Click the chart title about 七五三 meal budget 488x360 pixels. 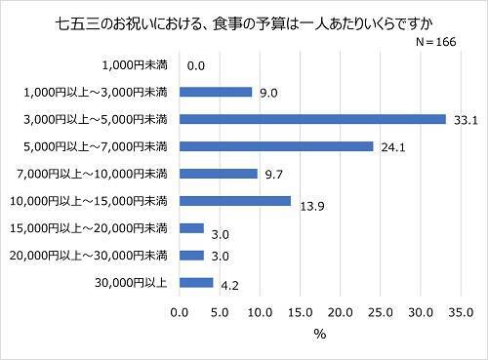pos(243,22)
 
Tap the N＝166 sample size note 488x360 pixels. pos(434,44)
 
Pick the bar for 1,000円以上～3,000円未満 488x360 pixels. pos(216,93)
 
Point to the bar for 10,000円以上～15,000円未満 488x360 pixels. pos(235,201)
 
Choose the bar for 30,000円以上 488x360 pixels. pos(196,283)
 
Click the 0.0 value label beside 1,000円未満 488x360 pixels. pos(195,66)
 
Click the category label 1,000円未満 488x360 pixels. pos(135,65)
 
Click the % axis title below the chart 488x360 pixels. pos(319,335)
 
